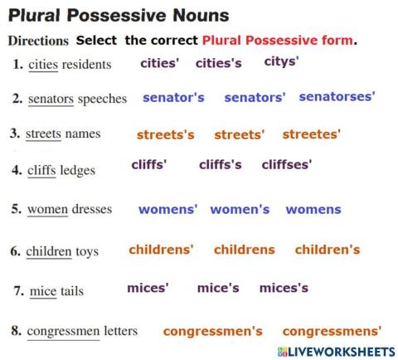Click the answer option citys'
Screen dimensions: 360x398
(x=281, y=61)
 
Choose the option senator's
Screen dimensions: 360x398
(x=173, y=98)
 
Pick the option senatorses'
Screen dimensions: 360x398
(x=337, y=97)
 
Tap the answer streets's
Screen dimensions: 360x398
(x=165, y=134)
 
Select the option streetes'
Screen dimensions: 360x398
(x=312, y=134)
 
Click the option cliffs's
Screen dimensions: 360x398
(x=221, y=165)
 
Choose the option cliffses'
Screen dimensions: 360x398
(x=287, y=165)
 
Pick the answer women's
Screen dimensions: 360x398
(x=240, y=210)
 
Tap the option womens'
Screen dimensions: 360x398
(x=168, y=210)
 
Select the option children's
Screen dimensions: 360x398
(x=328, y=249)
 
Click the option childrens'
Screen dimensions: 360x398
(x=161, y=249)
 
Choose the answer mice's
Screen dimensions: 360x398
(x=218, y=288)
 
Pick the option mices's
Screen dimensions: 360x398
(x=284, y=288)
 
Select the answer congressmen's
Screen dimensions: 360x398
(x=212, y=331)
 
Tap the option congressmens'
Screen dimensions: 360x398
(x=332, y=331)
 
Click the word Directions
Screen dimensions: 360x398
(x=37, y=40)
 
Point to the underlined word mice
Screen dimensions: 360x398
(x=42, y=291)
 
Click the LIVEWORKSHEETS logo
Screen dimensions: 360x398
(x=337, y=352)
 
